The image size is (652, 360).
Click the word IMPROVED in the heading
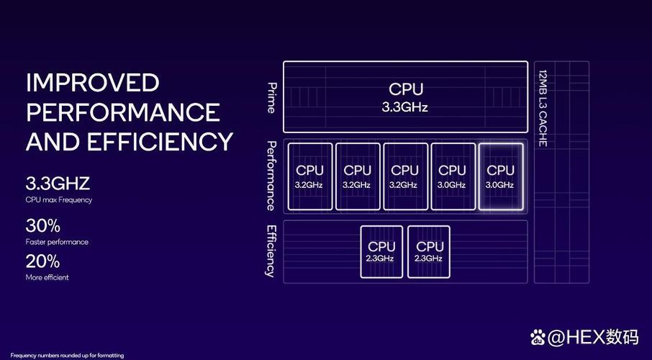pos(92,83)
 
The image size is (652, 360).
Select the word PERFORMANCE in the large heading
pos(123,112)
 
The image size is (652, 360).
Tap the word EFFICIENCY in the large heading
pos(160,141)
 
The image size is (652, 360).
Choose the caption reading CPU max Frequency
pos(59,199)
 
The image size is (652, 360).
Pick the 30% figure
pos(42,225)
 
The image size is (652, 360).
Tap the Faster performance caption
pos(57,242)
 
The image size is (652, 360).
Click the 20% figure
pos(42,261)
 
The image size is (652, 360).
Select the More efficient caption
pos(47,277)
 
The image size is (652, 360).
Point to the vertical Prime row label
pos(271,98)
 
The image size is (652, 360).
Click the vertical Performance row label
pos(271,176)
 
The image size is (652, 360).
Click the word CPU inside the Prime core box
pos(406,89)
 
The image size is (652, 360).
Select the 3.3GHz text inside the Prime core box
pos(405,107)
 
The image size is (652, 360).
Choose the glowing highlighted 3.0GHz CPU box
pos(500,176)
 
